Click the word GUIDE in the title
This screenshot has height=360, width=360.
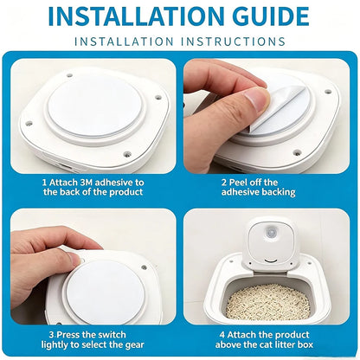271,16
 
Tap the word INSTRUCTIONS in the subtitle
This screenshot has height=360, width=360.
233,42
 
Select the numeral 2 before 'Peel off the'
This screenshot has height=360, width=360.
224,183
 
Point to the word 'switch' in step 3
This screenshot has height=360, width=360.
112,335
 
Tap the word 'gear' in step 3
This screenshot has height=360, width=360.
134,345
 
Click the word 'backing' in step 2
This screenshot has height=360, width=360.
278,192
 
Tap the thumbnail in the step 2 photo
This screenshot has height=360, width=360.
256,99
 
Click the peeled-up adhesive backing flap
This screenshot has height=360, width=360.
275,109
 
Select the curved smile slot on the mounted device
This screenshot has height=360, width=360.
271,260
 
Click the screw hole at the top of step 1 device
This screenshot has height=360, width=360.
69,75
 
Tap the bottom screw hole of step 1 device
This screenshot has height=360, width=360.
125,154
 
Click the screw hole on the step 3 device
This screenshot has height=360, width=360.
144,267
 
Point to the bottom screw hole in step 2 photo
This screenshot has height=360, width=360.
296,152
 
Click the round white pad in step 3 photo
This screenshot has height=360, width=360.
106,292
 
